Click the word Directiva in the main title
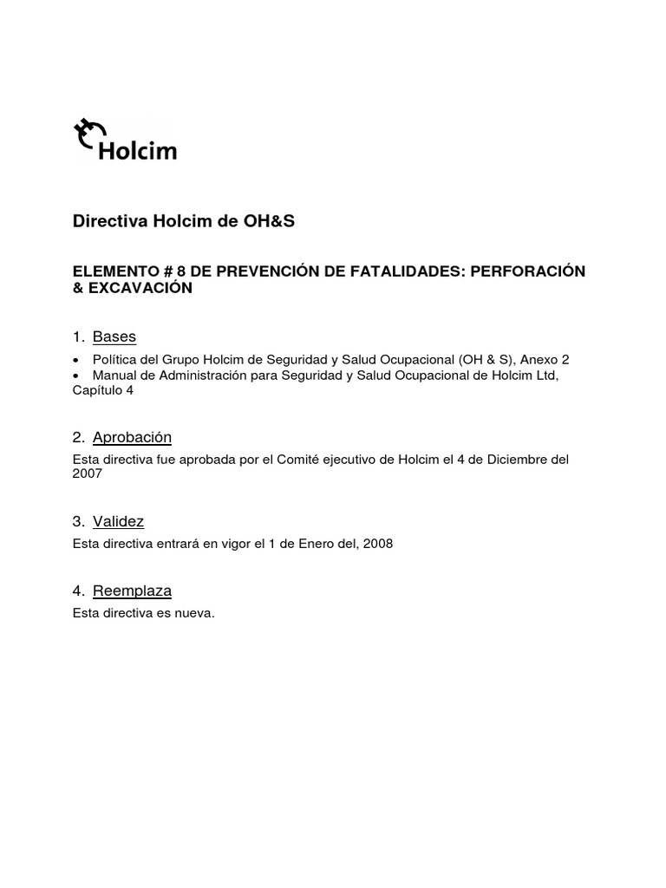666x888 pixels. point(110,221)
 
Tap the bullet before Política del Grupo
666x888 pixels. point(77,360)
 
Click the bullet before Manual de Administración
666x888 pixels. point(77,375)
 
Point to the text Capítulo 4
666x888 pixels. point(102,390)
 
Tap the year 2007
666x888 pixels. point(88,473)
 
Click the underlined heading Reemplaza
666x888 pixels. point(132,591)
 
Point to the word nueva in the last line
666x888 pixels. point(194,613)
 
